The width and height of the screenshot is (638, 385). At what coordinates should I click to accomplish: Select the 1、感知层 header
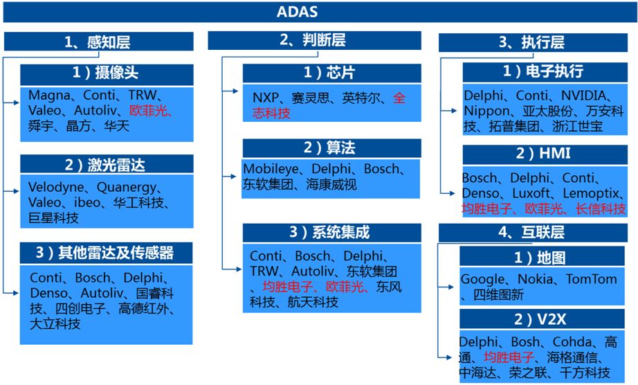point(98,42)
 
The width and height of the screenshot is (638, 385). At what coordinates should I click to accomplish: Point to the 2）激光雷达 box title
point(106,164)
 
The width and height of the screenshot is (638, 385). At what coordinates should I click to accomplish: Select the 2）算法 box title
point(331,147)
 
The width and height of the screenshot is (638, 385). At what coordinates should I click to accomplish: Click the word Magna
point(49,96)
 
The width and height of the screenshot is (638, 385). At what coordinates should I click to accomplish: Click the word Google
point(483,279)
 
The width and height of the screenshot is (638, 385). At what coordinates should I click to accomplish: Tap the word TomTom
point(591,279)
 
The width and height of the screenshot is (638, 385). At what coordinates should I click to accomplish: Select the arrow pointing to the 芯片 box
point(232,90)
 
